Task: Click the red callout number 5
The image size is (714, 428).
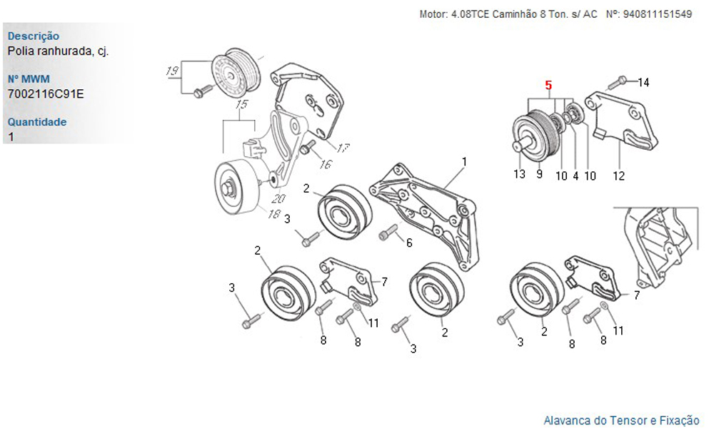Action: [548, 85]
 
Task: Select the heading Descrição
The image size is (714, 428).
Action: [34, 36]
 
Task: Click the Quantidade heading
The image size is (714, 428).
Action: [37, 122]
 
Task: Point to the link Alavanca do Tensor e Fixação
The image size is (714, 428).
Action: [621, 420]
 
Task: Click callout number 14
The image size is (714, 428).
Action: [644, 83]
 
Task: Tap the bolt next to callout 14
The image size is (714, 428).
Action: [622, 80]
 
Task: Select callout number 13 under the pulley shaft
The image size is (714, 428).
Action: [520, 174]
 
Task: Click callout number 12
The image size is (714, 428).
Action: [619, 175]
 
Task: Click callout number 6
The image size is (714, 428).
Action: [409, 243]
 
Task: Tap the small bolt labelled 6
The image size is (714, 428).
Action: [388, 232]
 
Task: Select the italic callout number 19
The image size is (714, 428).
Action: [171, 71]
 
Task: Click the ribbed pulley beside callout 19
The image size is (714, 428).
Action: [238, 71]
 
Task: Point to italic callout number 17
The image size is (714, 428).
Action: [343, 148]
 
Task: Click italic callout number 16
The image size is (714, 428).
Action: [326, 165]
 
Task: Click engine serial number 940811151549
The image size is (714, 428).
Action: [658, 14]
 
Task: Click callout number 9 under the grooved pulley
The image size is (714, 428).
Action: [539, 174]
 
